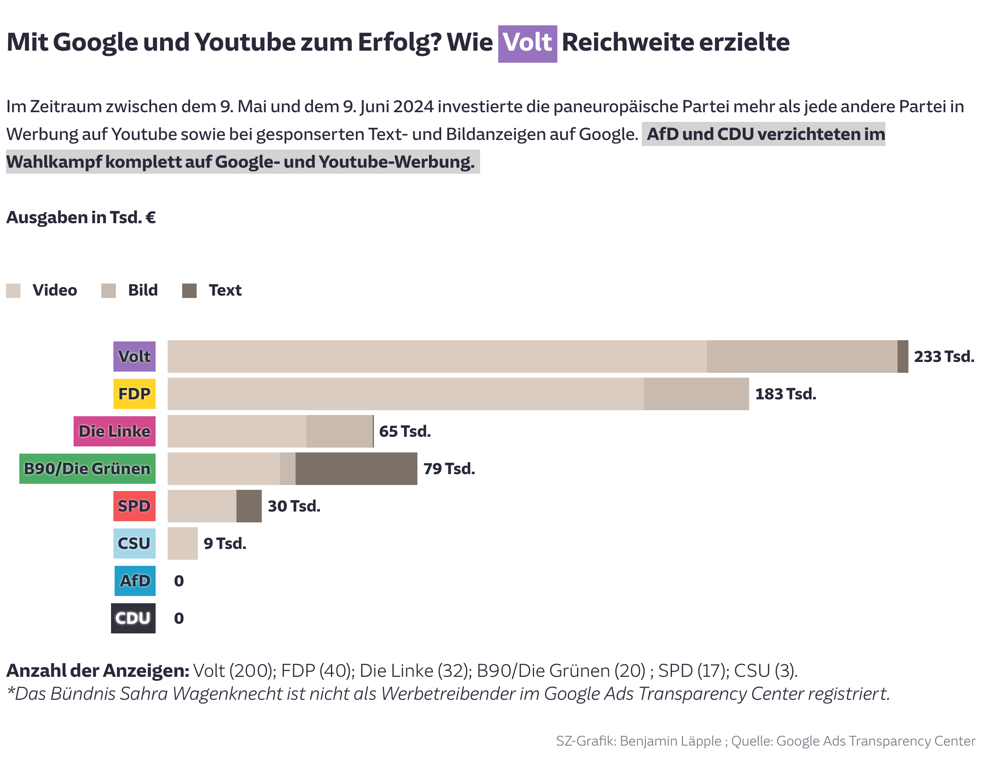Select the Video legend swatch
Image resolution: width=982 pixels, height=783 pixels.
point(13,291)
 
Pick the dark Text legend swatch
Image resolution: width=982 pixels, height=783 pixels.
point(189,291)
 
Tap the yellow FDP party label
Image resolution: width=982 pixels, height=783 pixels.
point(134,394)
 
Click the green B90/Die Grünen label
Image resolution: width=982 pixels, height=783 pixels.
point(87,468)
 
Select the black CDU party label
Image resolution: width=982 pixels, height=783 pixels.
point(133,618)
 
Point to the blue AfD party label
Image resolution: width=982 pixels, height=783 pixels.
point(135,581)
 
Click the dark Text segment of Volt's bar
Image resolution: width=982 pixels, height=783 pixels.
point(902,356)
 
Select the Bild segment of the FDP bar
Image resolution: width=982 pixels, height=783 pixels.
point(696,394)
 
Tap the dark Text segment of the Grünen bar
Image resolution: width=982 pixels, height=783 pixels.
point(356,468)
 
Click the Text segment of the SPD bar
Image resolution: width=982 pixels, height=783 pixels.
point(249,506)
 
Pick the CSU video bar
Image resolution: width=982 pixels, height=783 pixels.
point(182,543)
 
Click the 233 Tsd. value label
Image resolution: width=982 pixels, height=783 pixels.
point(944,356)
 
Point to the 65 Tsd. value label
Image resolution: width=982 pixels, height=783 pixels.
point(405,431)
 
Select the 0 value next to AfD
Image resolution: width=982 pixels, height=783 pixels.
point(179,581)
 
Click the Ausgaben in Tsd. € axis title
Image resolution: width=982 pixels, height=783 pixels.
point(80,217)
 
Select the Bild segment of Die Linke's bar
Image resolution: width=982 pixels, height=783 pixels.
point(339,431)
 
